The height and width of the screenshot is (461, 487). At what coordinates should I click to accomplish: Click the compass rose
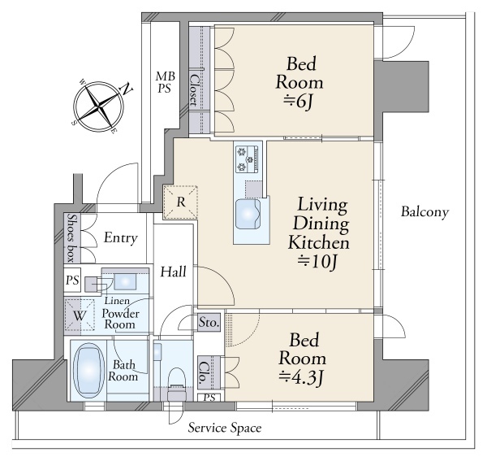click(x=99, y=107)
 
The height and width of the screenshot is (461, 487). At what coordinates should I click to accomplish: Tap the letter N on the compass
click(x=127, y=89)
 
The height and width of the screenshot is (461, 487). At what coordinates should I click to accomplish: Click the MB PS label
click(x=166, y=82)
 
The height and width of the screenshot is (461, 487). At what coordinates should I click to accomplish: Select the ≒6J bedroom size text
click(x=298, y=102)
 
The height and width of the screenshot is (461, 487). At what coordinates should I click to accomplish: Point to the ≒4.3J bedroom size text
click(x=301, y=377)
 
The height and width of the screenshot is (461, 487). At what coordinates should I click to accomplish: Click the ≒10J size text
click(x=317, y=262)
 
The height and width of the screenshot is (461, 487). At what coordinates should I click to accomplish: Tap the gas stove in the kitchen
click(x=247, y=159)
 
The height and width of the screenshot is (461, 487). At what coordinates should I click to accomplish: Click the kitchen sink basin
click(x=248, y=214)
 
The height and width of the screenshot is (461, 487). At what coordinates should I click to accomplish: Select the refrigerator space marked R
click(x=180, y=202)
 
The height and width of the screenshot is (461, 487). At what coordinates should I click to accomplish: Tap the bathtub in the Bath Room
click(x=88, y=370)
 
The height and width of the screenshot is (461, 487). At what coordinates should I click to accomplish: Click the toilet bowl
click(x=176, y=383)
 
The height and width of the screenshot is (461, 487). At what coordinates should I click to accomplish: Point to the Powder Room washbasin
click(x=125, y=281)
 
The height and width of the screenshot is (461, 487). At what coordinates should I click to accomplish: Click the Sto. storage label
click(x=209, y=323)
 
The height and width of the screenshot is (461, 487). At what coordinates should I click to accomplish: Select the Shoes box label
click(x=72, y=237)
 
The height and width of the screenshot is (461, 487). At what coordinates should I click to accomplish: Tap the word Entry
click(x=120, y=238)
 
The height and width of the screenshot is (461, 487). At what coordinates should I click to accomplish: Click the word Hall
click(x=174, y=272)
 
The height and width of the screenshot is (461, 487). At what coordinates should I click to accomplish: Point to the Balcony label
click(x=425, y=212)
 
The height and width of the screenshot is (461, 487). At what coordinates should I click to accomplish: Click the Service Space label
click(x=225, y=428)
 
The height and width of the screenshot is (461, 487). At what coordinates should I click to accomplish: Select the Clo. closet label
click(x=204, y=372)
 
